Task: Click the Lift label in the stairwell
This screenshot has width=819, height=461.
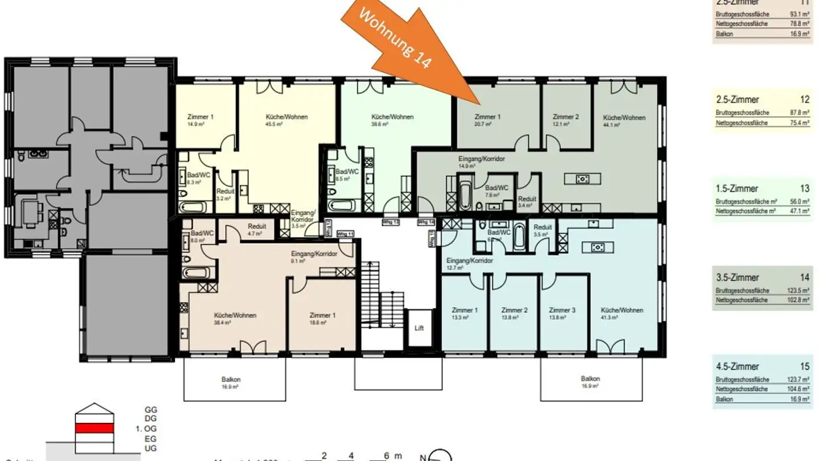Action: point(419,328)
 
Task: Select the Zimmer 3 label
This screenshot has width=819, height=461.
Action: point(562,310)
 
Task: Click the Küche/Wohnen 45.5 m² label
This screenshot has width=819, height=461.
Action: point(287,117)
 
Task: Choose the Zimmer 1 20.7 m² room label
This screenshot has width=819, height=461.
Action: point(487,117)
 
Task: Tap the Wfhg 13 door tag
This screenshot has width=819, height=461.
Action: point(390,221)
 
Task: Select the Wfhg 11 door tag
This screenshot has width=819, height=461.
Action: point(345,234)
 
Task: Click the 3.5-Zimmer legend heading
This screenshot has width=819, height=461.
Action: point(738,278)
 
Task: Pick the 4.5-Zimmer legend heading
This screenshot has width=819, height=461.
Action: point(738,367)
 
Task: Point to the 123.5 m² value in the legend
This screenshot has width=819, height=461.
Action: point(799,290)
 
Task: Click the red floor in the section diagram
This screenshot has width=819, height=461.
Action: point(95,429)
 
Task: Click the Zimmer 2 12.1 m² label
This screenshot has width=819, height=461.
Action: point(566,117)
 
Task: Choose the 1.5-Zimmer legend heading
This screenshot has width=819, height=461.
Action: point(738,189)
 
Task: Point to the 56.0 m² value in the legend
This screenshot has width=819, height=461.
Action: point(799,201)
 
